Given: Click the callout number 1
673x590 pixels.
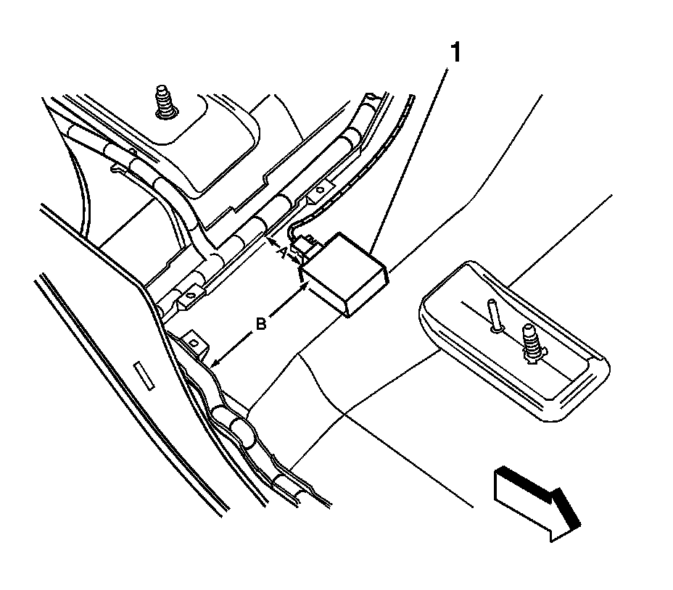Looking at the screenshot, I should click(455, 53).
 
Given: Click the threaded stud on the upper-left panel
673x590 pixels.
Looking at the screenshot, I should click(167, 104).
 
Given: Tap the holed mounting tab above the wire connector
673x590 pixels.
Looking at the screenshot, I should click(317, 191).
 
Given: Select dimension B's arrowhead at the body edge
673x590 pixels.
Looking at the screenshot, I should click(217, 361).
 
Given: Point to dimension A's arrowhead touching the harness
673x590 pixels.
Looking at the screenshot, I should click(270, 240).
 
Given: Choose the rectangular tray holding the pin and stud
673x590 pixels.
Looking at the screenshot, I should click(515, 341).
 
